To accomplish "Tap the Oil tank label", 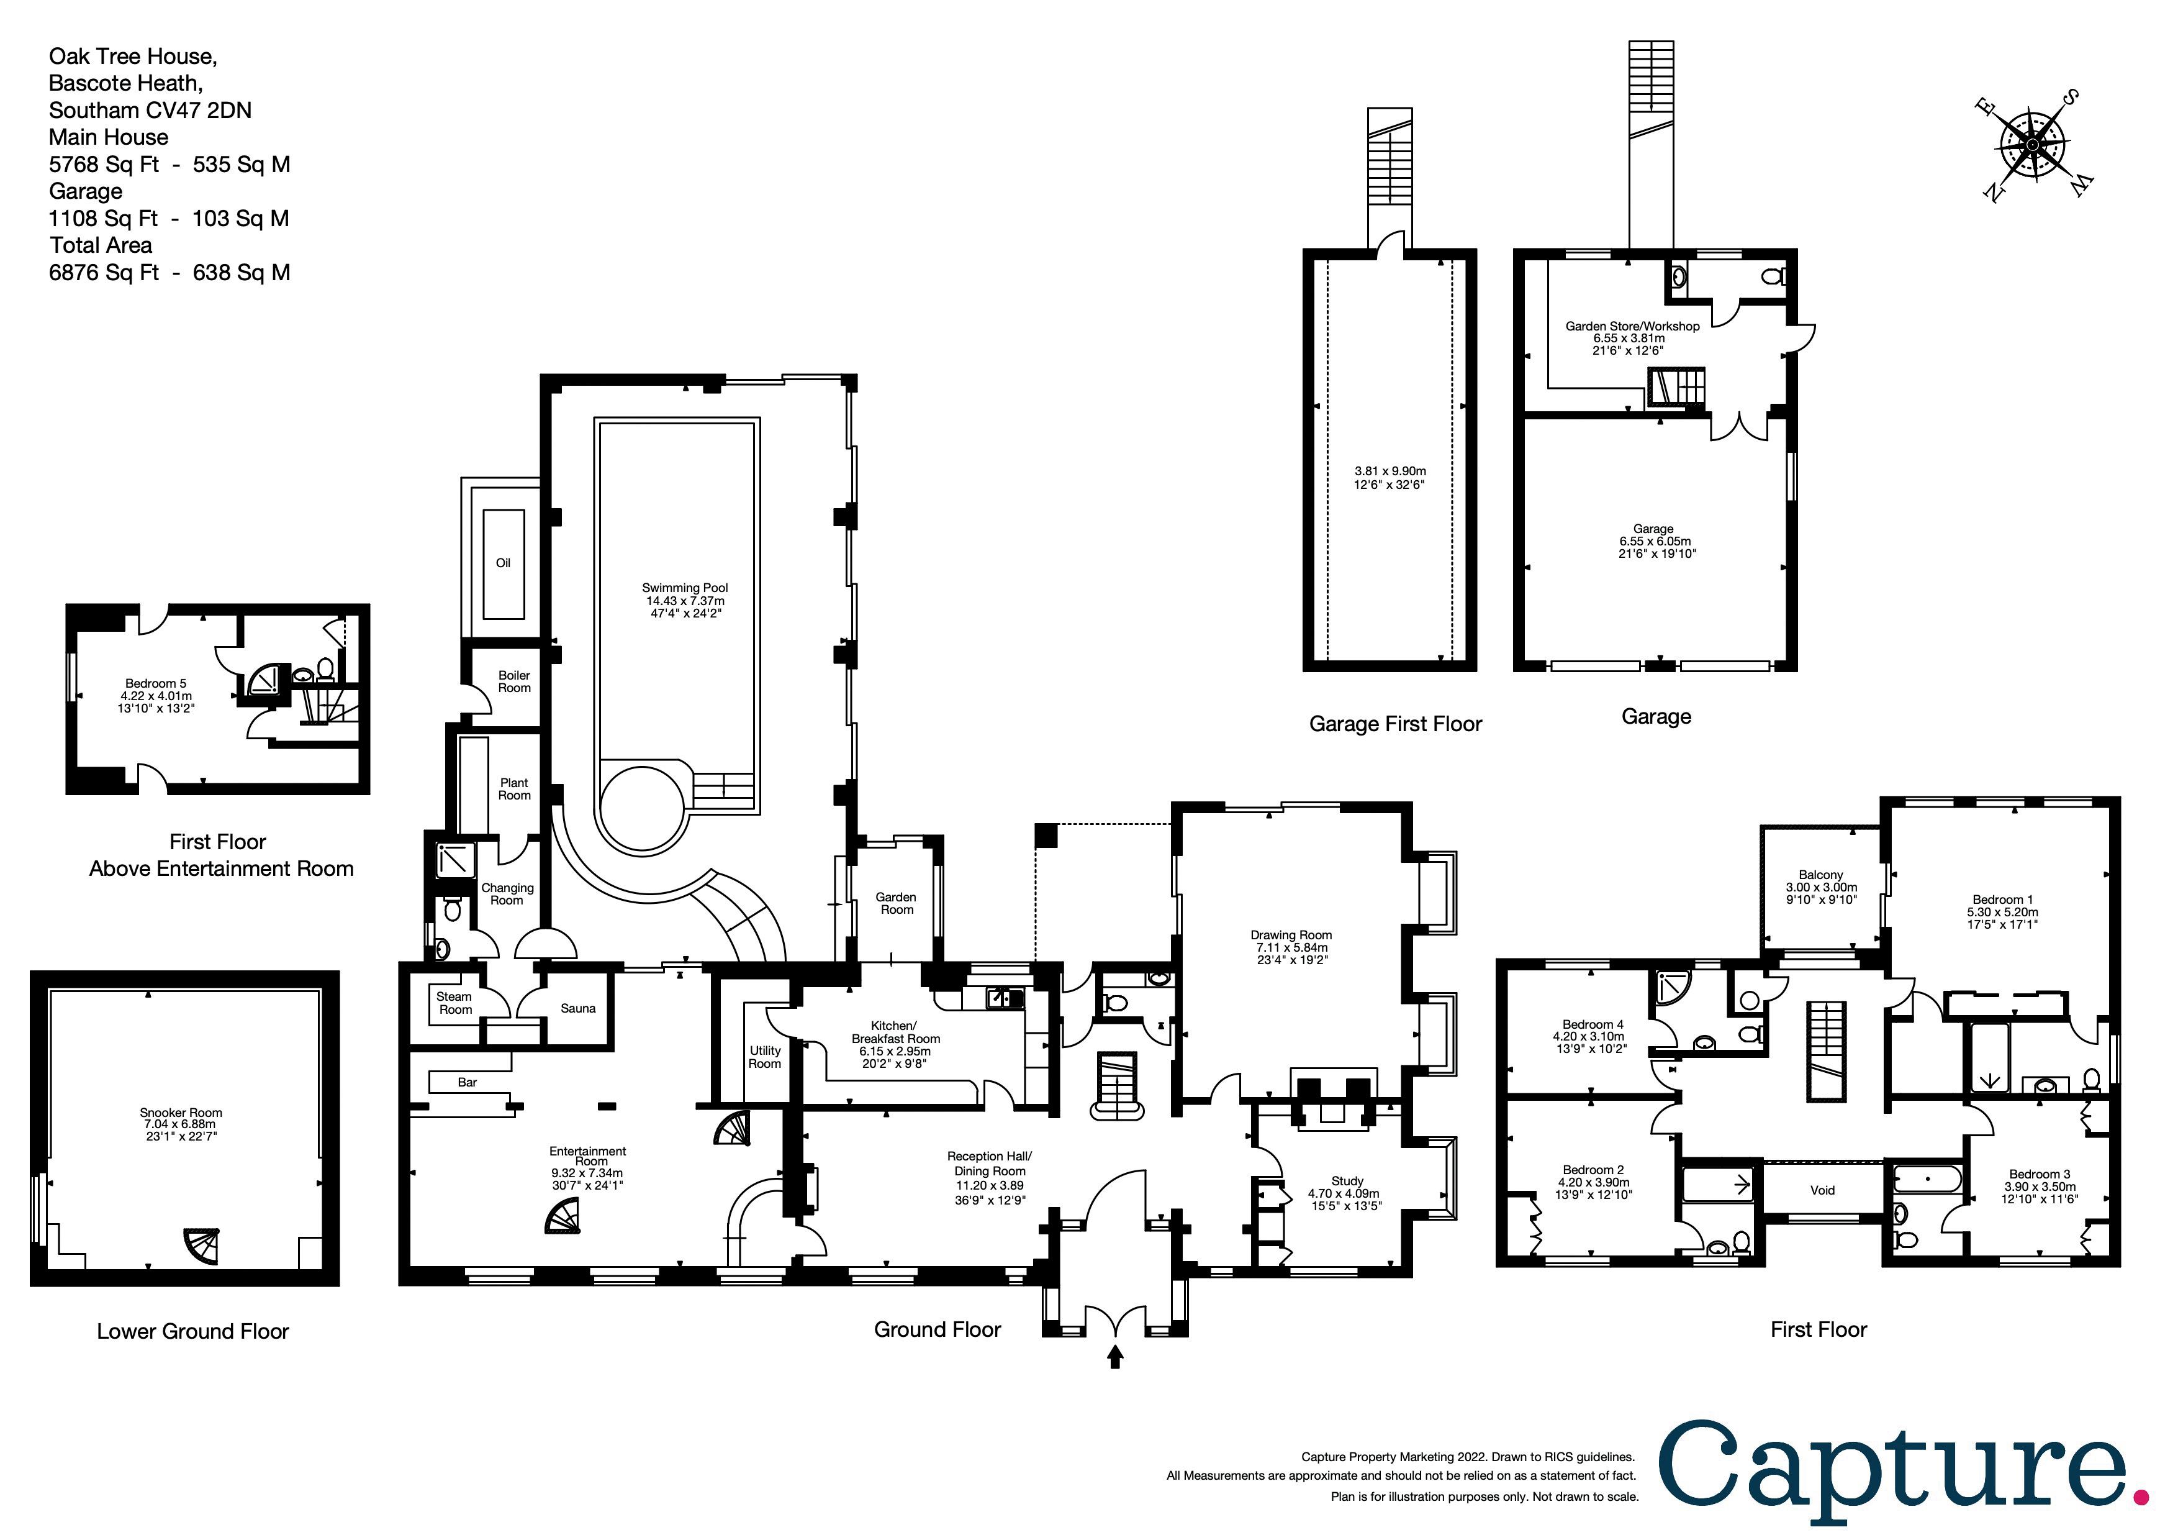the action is coord(504,563).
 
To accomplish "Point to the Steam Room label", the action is coord(454,1003).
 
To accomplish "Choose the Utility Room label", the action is coord(764,1057).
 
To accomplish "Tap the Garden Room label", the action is coord(897,903).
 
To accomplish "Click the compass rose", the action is coord(2033,144).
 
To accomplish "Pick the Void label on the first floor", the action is coord(1822,1190).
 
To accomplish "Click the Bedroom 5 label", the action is coord(156,683).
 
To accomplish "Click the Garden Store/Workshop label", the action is coord(1632,326).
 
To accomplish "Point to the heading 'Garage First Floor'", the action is coord(1396,724).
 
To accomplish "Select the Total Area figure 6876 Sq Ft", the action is coord(104,272).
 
